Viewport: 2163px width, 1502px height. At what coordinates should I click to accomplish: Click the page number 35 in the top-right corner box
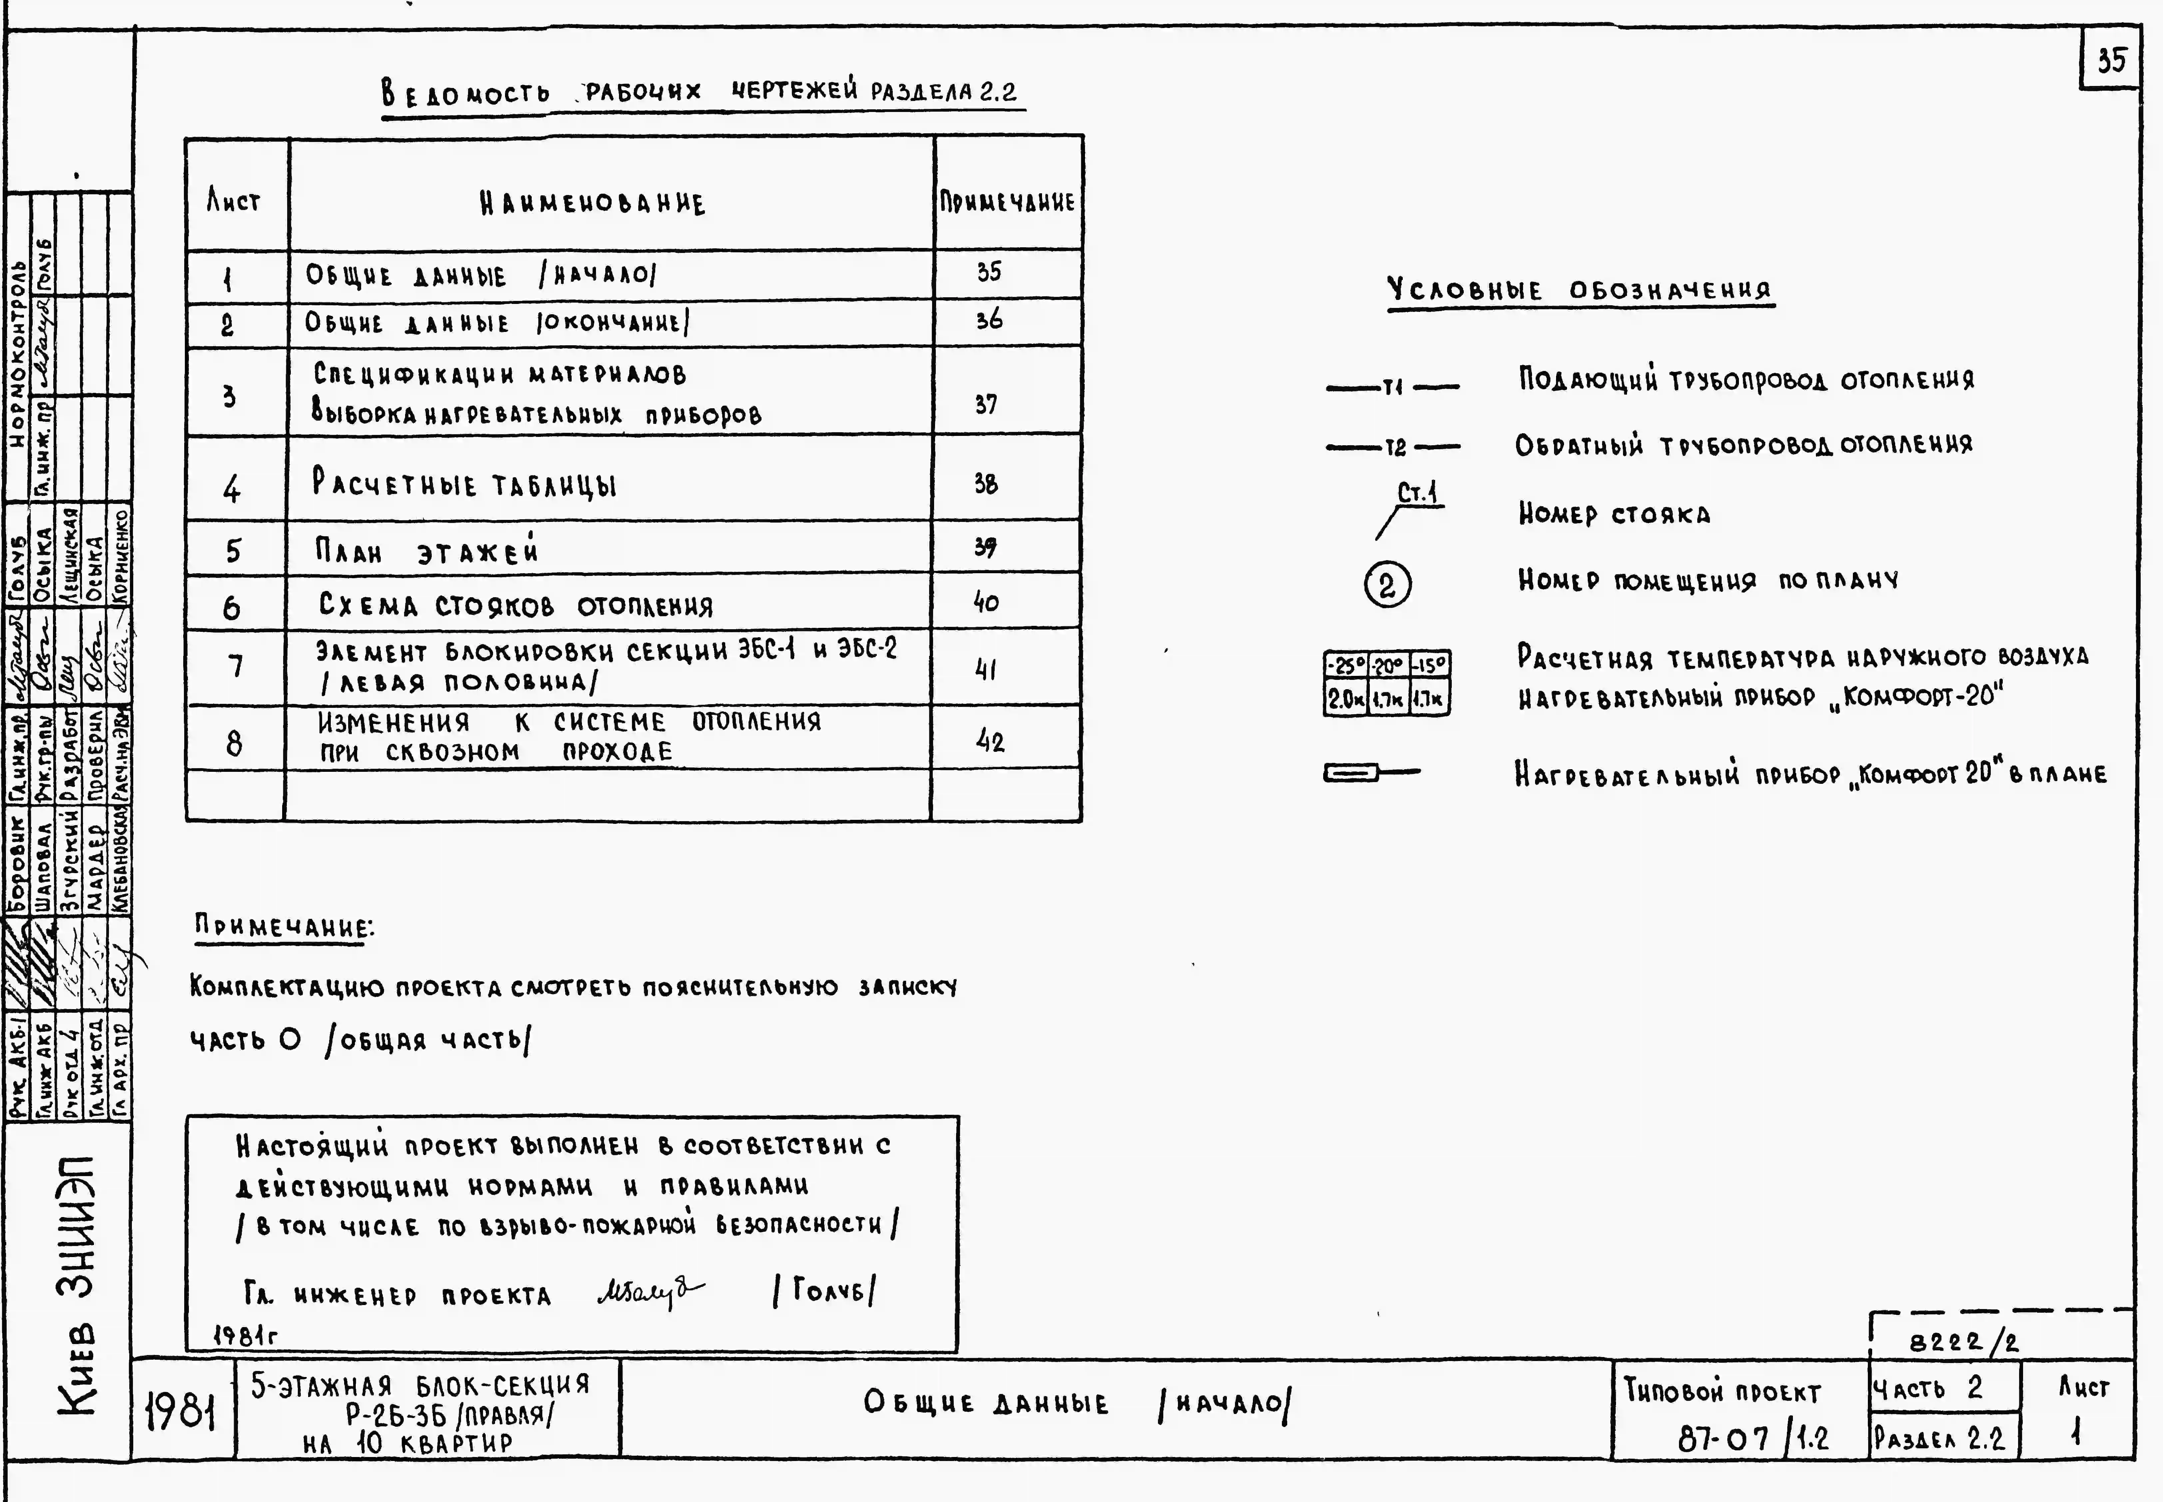[2110, 60]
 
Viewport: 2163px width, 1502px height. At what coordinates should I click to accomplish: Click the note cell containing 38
[986, 484]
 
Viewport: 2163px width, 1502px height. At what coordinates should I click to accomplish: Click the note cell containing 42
[990, 742]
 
